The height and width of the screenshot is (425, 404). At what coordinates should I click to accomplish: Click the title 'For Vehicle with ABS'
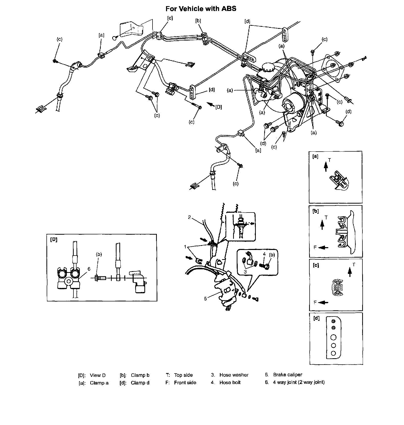[x=201, y=9]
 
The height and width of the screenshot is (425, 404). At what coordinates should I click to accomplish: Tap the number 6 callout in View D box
[x=89, y=269]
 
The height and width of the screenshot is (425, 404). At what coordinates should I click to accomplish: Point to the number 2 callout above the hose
[x=189, y=217]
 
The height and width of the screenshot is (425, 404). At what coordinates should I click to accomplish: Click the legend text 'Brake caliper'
[x=287, y=375]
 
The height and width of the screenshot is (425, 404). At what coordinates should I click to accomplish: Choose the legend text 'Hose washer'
[x=234, y=375]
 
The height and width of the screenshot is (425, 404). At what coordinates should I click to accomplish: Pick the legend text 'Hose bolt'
[x=230, y=382]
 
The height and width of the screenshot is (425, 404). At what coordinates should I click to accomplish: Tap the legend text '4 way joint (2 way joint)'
[x=299, y=382]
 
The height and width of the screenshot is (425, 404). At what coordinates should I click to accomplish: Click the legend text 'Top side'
[x=183, y=375]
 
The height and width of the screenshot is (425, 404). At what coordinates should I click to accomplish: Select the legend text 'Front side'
[x=185, y=382]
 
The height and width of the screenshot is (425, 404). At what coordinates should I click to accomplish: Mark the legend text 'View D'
[x=97, y=375]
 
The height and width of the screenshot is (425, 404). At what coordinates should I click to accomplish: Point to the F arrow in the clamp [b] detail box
[x=322, y=247]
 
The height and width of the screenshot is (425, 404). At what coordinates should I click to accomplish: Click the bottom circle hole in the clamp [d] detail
[x=333, y=353]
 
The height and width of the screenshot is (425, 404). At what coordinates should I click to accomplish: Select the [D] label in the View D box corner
[x=54, y=240]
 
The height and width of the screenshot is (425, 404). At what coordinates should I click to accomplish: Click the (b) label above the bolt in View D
[x=99, y=254]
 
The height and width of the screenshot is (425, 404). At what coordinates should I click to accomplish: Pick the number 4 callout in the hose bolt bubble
[x=264, y=254]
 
